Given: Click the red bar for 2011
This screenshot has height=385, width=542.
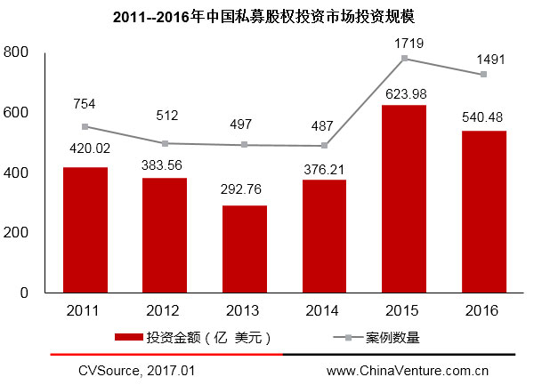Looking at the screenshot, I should [x=86, y=229].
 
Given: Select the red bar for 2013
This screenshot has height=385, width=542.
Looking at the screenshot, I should [x=245, y=249].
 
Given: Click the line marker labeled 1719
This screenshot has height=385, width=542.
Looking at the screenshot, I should [x=405, y=59].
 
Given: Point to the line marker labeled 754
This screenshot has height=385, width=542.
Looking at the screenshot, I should [x=85, y=126].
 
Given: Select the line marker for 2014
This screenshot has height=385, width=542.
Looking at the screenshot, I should [x=325, y=146].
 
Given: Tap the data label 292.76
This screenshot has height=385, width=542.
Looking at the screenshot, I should [x=245, y=189].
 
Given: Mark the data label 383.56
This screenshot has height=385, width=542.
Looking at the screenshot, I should [x=166, y=164].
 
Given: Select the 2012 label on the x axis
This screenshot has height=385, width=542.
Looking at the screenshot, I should [x=166, y=310].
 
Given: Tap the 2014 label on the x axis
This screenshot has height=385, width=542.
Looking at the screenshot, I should [x=325, y=310].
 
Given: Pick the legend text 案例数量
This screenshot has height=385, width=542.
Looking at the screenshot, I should [x=392, y=337].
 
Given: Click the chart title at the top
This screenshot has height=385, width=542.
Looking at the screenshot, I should [x=270, y=17].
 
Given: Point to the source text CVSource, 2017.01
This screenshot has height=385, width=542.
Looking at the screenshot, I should [x=136, y=369].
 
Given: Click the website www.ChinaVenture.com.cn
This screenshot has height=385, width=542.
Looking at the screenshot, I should [x=408, y=369].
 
